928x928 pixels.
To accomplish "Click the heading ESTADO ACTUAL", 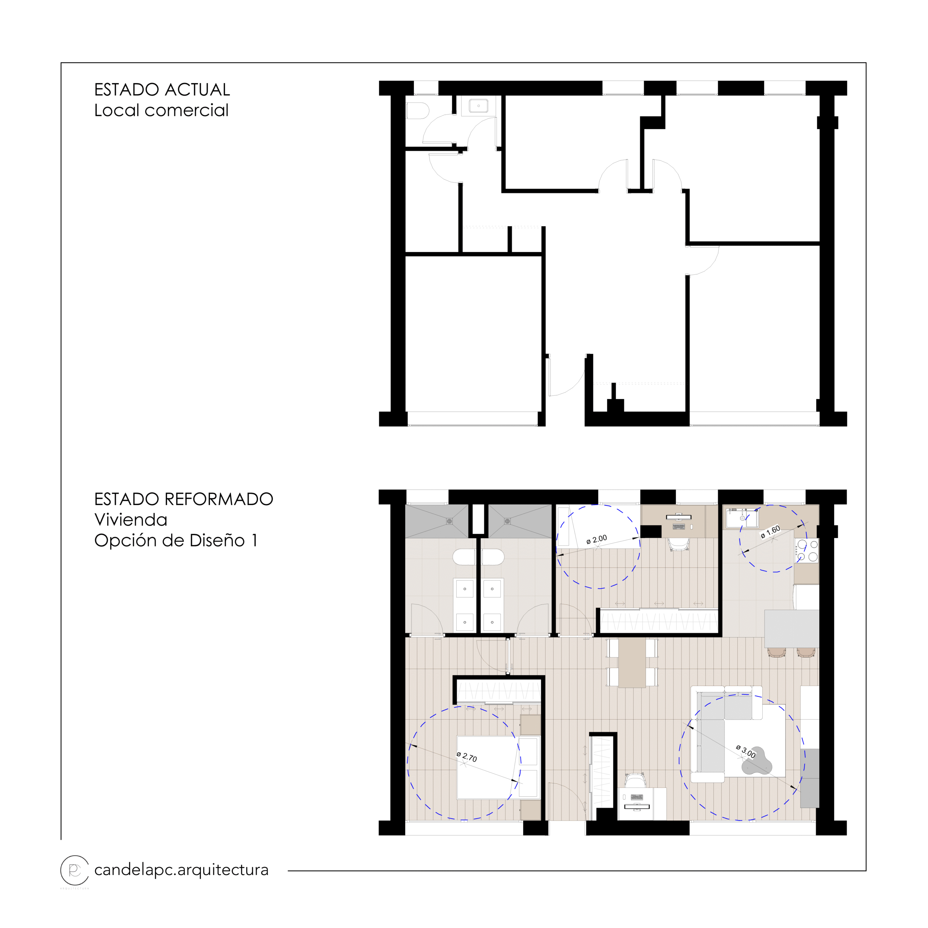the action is [x=162, y=90].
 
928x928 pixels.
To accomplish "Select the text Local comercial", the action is [x=161, y=111].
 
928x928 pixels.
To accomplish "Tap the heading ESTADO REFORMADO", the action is [x=183, y=500].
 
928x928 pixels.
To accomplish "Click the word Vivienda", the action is [x=130, y=520].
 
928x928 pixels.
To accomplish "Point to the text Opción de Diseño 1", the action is [x=176, y=541].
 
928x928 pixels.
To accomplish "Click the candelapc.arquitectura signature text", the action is [x=181, y=870].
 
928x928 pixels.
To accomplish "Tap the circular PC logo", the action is [x=74, y=870].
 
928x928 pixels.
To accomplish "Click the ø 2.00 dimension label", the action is [x=597, y=539].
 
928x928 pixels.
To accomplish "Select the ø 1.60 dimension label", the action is [x=770, y=532].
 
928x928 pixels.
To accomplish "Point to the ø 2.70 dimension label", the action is [x=467, y=757].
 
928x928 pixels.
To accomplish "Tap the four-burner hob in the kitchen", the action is [x=807, y=551].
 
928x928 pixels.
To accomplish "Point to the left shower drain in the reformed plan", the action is [x=449, y=521].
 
